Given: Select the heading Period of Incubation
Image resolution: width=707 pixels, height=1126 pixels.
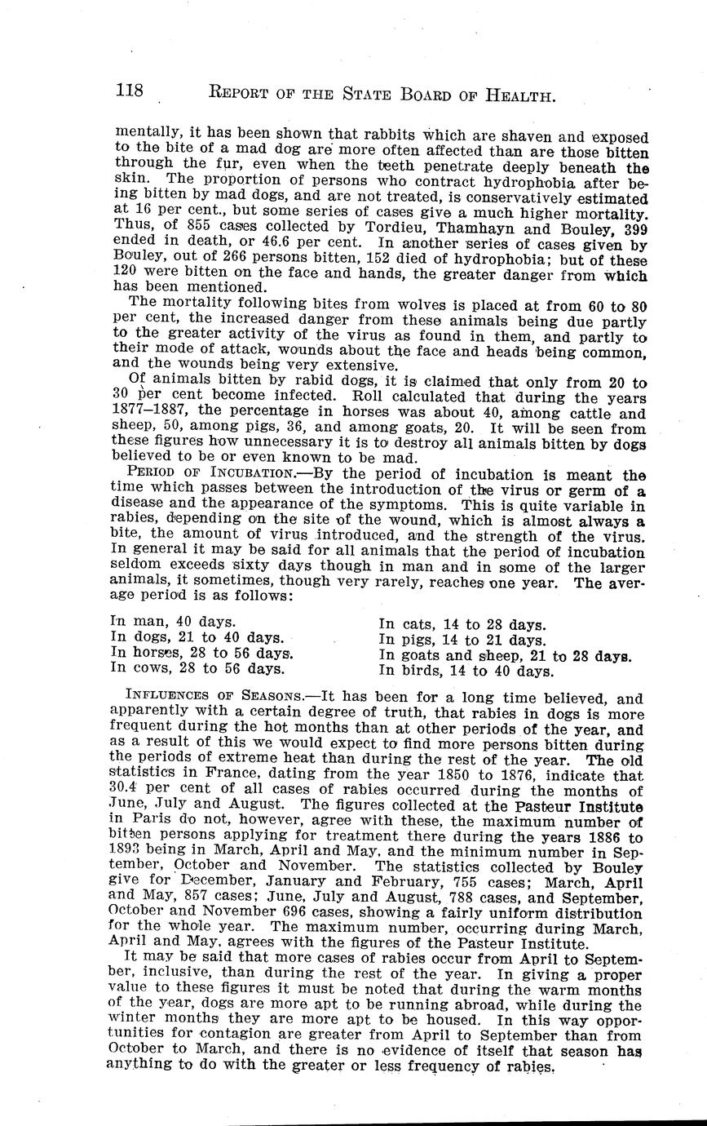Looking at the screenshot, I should [210, 473].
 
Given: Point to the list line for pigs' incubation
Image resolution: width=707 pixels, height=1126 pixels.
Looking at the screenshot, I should [463, 641].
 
